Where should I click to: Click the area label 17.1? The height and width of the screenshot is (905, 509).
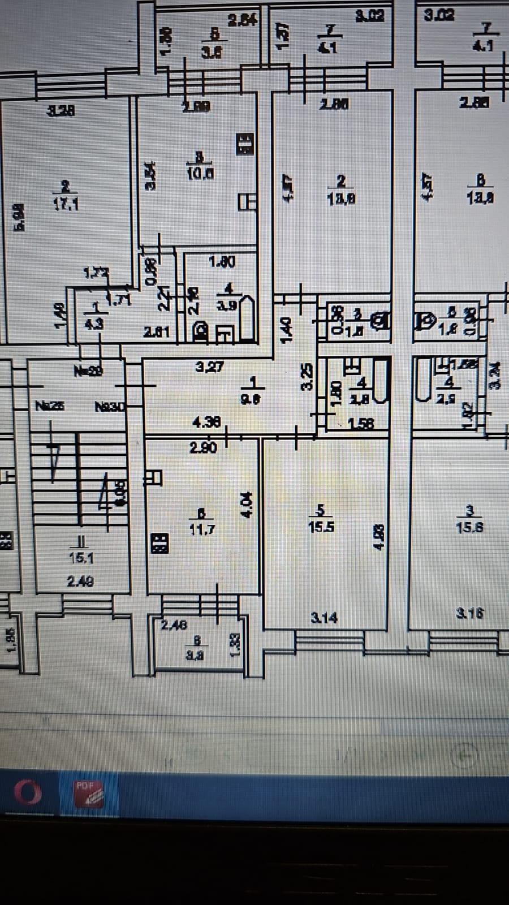(66, 205)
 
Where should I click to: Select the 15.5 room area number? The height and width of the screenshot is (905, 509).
(321, 527)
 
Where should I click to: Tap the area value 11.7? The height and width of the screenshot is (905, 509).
(201, 530)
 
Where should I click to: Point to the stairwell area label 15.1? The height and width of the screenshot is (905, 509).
(81, 558)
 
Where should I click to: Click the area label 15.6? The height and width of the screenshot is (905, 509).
(469, 527)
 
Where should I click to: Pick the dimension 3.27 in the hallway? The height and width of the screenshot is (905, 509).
(209, 367)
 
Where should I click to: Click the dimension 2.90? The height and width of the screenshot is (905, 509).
(203, 447)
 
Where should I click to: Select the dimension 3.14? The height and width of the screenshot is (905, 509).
(324, 617)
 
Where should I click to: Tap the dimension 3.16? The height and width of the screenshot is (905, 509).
(470, 613)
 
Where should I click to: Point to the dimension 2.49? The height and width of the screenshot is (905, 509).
(81, 581)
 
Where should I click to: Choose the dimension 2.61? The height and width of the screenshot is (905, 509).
(156, 331)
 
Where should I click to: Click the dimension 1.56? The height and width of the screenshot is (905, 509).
(361, 423)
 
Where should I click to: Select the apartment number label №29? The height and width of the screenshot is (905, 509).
(88, 371)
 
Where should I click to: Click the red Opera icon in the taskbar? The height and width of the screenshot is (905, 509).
(27, 792)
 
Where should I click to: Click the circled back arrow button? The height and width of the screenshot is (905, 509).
(464, 755)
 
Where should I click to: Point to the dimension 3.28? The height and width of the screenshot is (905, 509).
(61, 111)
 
